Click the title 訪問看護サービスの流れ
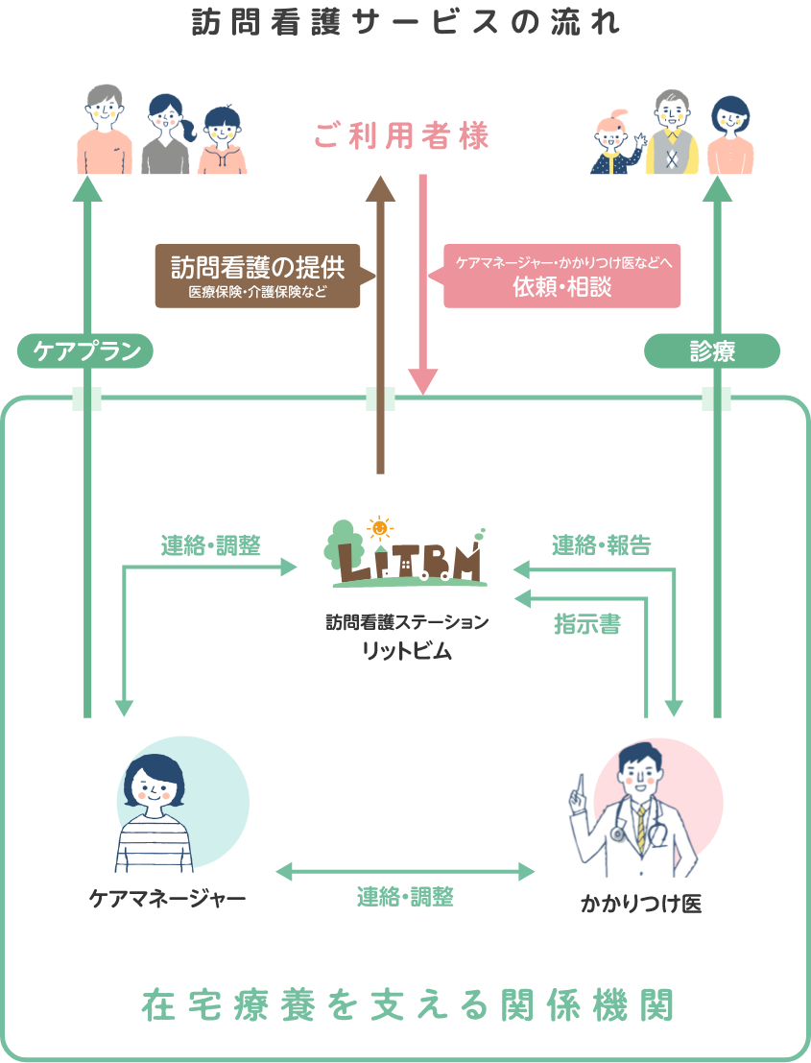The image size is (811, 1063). (405, 22)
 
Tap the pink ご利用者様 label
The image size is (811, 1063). (401, 137)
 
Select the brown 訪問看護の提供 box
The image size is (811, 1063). (257, 275)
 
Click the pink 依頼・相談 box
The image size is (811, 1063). (561, 275)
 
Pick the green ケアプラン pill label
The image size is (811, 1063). (86, 351)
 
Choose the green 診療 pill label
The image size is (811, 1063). (711, 351)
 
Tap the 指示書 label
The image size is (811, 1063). (586, 625)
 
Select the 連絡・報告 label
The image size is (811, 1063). (601, 545)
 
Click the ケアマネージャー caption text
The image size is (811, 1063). (167, 899)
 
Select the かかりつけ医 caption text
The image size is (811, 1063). (641, 903)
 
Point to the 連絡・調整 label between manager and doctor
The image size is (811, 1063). (405, 897)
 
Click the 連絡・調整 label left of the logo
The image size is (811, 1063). (209, 545)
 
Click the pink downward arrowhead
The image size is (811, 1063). (422, 381)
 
